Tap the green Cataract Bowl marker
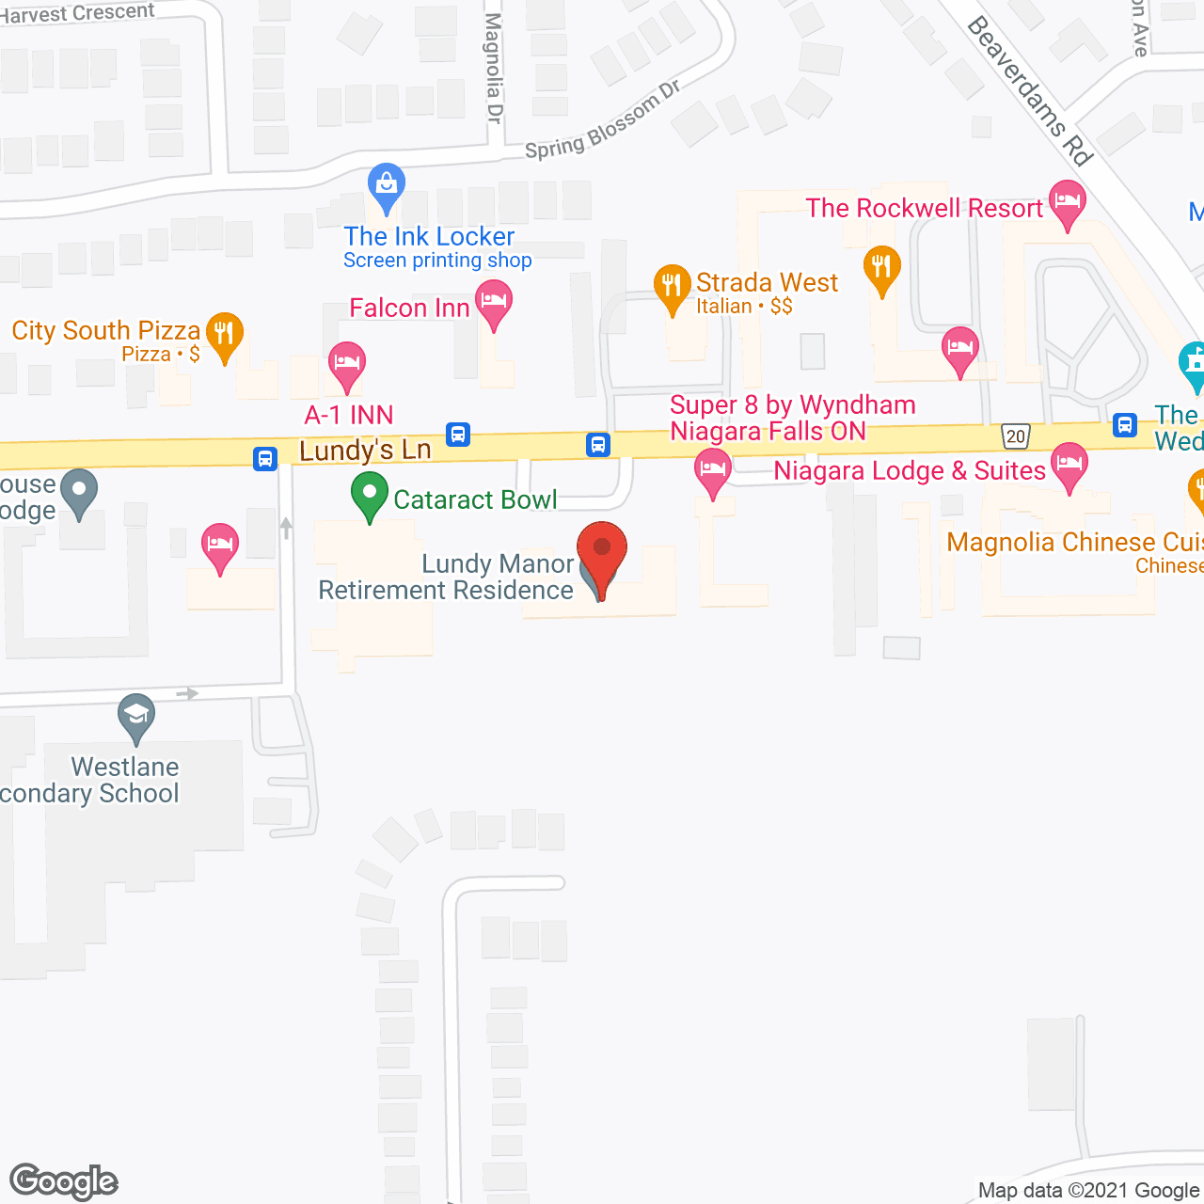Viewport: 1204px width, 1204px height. pyautogui.click(x=370, y=494)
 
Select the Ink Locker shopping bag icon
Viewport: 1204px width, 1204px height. pyautogui.click(x=387, y=184)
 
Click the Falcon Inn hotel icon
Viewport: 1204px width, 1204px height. pyautogui.click(x=494, y=303)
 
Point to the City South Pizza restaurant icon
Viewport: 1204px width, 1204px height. pyautogui.click(x=224, y=334)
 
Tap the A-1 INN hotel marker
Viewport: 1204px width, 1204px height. pyautogui.click(x=346, y=363)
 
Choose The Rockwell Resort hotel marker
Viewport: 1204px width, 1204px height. pyautogui.click(x=1067, y=202)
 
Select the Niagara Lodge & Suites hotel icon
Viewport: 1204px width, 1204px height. pyautogui.click(x=1069, y=465)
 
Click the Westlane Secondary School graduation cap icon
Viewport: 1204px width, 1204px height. pyautogui.click(x=136, y=717)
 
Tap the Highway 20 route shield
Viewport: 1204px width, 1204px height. pyautogui.click(x=1016, y=436)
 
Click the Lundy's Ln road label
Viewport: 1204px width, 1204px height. pyautogui.click(x=365, y=451)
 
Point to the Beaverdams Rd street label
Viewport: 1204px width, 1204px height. pyautogui.click(x=1029, y=91)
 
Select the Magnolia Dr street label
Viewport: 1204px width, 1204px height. pyautogui.click(x=494, y=68)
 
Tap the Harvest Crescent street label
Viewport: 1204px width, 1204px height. pyautogui.click(x=77, y=13)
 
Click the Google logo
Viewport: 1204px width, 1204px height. pyautogui.click(x=64, y=1181)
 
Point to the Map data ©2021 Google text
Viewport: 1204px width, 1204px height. pyautogui.click(x=1089, y=1191)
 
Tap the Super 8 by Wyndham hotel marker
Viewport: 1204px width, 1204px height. pyautogui.click(x=712, y=469)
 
